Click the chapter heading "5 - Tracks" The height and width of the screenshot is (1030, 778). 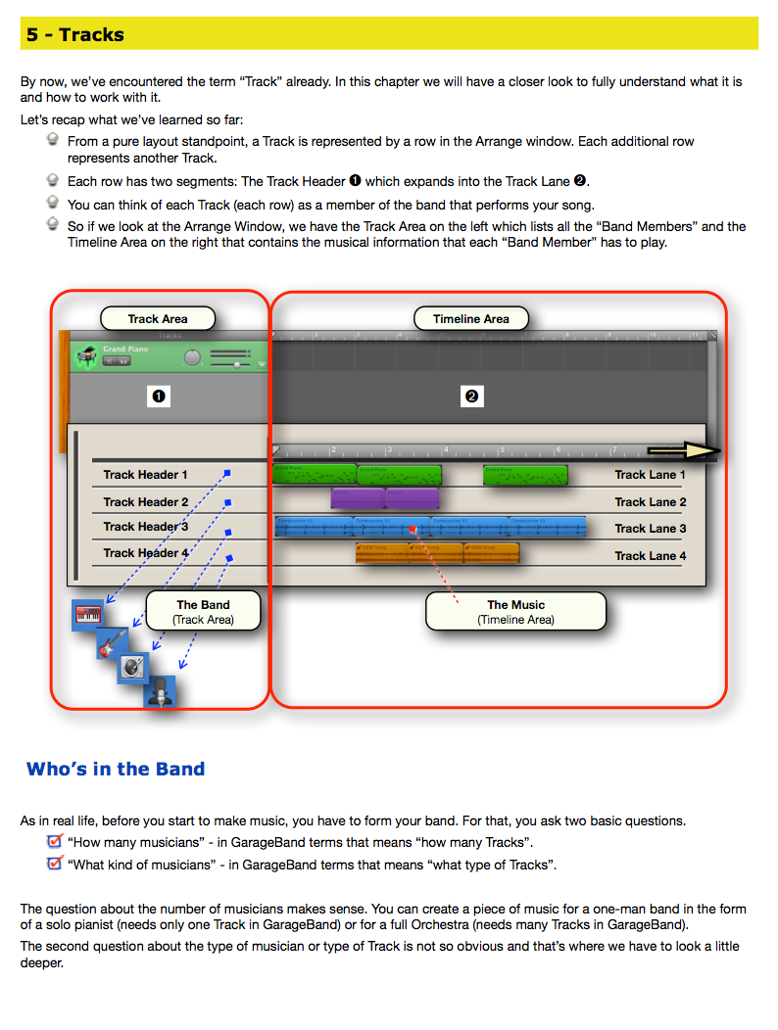coord(75,34)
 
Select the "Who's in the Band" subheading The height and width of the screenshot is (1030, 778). coord(116,769)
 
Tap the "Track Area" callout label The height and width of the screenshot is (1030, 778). coord(157,318)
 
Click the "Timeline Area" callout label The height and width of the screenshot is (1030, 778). coord(470,318)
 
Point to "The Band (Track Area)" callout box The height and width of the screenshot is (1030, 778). coord(203,611)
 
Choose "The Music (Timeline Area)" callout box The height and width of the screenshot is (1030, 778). coord(515,611)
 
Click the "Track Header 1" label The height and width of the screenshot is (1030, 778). coord(146,475)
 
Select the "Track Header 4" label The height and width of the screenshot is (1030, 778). coord(146,553)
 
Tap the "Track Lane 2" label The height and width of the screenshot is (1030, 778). coord(651,502)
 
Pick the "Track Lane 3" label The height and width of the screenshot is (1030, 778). coord(651,529)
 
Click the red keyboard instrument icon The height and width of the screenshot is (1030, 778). coord(87,616)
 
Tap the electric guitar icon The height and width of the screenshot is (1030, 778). coord(112,643)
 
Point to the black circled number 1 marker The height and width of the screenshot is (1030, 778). coord(158,397)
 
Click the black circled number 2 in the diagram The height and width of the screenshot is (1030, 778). coord(471,397)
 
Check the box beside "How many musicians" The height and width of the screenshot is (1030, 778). coord(55,841)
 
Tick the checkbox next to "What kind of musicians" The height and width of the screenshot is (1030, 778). coord(55,864)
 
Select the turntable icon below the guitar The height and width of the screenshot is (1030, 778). coord(134,668)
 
